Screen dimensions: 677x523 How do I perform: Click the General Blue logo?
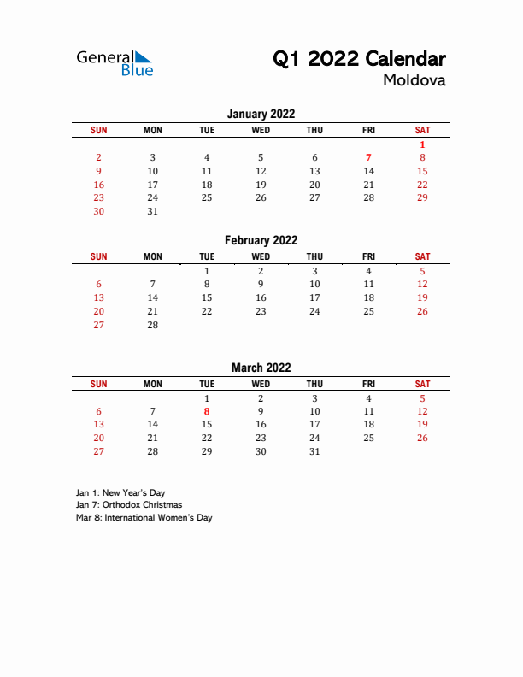[115, 62]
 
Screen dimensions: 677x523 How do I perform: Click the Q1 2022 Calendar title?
[359, 59]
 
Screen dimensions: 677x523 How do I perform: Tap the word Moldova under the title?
[414, 81]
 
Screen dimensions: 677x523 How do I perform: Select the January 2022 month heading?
[261, 114]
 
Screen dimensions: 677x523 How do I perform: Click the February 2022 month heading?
[261, 240]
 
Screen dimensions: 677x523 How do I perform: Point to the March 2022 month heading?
[261, 368]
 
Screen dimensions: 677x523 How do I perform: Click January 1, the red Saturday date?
[422, 144]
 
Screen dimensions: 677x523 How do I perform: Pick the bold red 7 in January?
[368, 157]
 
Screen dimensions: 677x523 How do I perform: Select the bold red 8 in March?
[207, 411]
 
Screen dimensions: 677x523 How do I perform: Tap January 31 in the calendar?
[153, 211]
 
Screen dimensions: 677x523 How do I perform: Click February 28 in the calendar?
[153, 325]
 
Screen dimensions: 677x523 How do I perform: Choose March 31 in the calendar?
[314, 451]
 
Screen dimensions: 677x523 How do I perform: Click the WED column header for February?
[261, 256]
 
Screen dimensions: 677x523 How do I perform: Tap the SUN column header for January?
[99, 130]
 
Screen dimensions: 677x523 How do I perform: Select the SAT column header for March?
[422, 384]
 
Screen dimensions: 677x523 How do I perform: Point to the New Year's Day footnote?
[120, 492]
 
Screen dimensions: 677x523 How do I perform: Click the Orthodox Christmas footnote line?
[129, 504]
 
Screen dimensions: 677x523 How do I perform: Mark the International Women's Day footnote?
[144, 517]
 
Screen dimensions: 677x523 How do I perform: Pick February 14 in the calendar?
[153, 297]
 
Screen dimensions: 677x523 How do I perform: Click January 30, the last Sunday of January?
[99, 211]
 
